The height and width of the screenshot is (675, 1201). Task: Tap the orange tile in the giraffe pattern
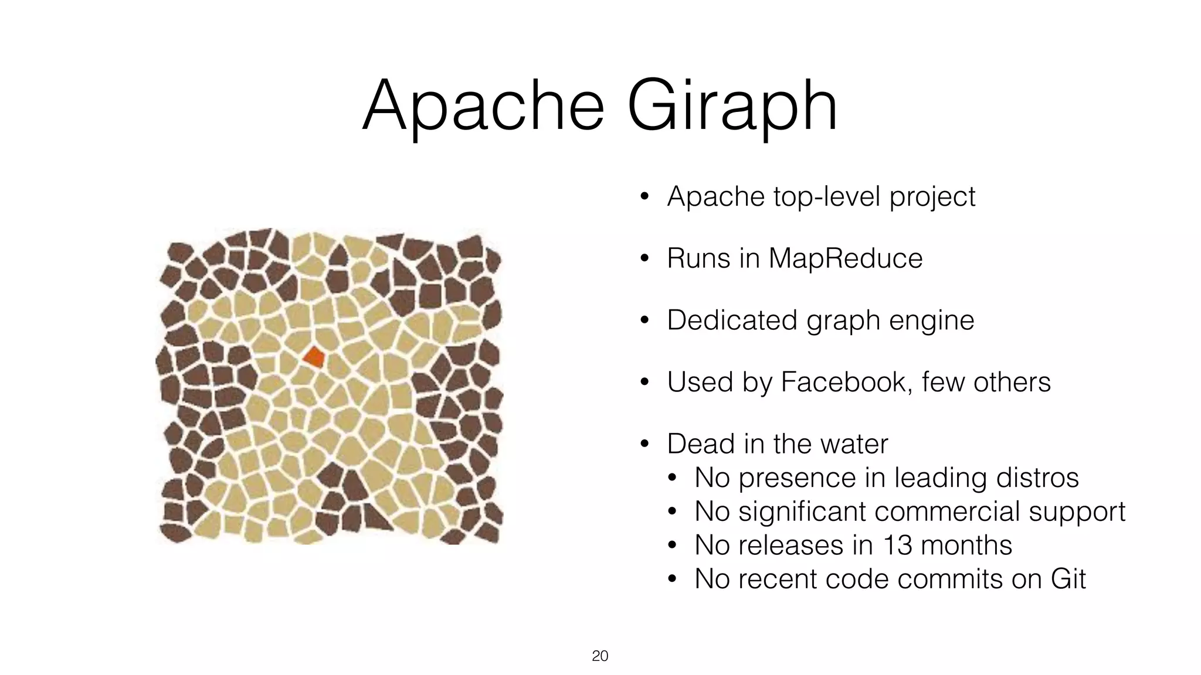314,357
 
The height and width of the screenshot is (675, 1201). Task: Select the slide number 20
600,656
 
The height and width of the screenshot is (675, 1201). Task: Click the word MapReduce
845,258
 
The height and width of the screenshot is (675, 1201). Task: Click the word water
854,444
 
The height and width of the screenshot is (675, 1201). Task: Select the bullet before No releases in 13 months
672,546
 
